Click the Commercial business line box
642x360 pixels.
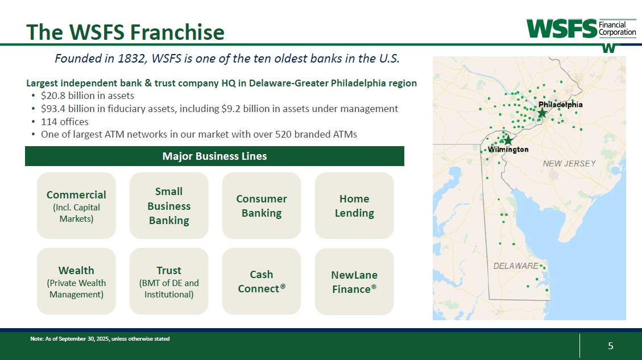tap(76, 206)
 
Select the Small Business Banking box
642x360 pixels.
tap(169, 206)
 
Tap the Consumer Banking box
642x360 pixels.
tap(261, 206)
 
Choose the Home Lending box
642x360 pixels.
tap(354, 206)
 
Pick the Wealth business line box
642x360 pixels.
tap(76, 282)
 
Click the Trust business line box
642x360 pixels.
tap(169, 282)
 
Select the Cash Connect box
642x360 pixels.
tap(261, 282)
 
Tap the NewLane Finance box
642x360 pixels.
tap(354, 282)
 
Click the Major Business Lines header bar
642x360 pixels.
tap(214, 156)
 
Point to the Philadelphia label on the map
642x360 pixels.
tap(560, 105)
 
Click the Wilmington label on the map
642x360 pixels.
tap(508, 150)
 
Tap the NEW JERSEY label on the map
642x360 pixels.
tap(569, 163)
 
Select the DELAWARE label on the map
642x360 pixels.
tap(516, 266)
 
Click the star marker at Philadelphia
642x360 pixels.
tap(542, 113)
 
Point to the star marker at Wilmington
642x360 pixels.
tap(508, 140)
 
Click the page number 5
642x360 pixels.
tap(611, 346)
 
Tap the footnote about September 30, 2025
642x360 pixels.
tap(100, 339)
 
